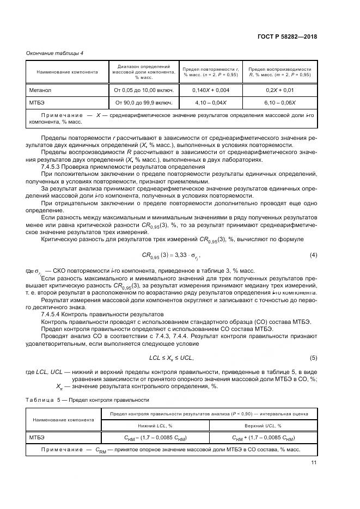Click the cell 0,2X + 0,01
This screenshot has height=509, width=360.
(279, 89)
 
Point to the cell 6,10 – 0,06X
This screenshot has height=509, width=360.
(279, 102)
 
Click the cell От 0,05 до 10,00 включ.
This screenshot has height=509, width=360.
(143, 89)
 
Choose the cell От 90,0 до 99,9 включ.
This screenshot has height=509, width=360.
(143, 102)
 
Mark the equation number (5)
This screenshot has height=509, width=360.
(313, 358)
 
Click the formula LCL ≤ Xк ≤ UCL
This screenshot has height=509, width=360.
(172, 358)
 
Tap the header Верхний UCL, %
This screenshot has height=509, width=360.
(263, 425)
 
